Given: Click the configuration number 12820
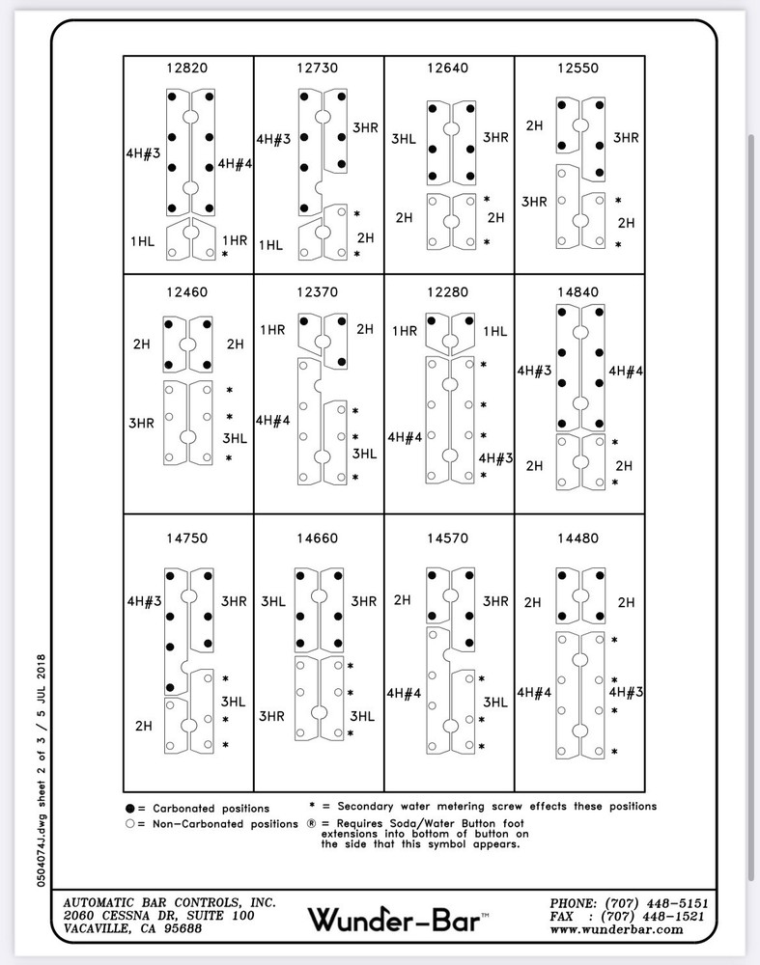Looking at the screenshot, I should [x=189, y=69].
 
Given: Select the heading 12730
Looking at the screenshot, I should [x=319, y=69].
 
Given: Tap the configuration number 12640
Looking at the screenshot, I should [x=449, y=69].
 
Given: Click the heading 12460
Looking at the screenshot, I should [x=189, y=290].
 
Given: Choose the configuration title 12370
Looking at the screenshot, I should [x=319, y=290].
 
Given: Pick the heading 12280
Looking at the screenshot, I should [x=449, y=290].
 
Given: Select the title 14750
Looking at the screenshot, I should [x=189, y=538].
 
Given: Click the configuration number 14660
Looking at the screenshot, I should [x=319, y=538].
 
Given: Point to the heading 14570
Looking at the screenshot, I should [x=449, y=538].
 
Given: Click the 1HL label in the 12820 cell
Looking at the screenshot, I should [x=142, y=239].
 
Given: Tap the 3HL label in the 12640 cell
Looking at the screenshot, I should [x=404, y=139].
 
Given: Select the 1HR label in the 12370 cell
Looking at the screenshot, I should [x=272, y=330].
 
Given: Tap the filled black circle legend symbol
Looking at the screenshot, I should [x=129, y=808].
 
